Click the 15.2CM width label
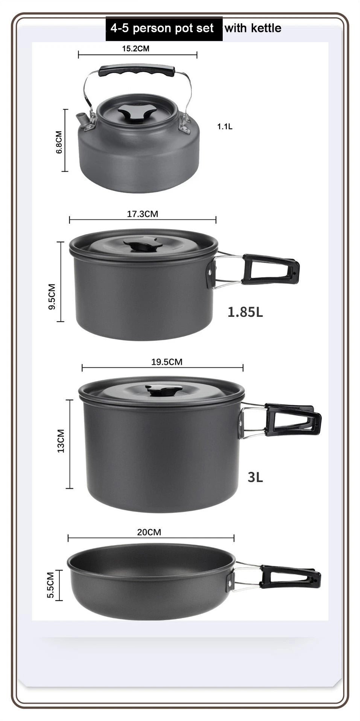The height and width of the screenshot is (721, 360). [x=135, y=49]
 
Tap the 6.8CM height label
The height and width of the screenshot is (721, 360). [x=59, y=142]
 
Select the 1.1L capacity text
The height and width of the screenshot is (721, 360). [x=225, y=127]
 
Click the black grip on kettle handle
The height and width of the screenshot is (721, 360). [x=137, y=70]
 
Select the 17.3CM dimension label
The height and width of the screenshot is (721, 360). [x=142, y=214]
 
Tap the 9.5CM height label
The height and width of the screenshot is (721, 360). [x=52, y=297]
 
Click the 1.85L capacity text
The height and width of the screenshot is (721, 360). [x=245, y=312]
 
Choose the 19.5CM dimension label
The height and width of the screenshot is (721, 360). [x=167, y=362]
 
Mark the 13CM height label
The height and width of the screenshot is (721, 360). [x=61, y=441]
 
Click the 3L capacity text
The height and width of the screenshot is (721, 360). [x=255, y=477]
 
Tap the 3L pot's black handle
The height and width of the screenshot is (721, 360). [x=293, y=420]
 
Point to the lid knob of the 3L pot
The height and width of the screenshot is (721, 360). [x=164, y=391]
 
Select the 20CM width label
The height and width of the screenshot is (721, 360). [x=149, y=532]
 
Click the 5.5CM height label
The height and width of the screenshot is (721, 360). [x=51, y=585]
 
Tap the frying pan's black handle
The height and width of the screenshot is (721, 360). [x=290, y=577]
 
